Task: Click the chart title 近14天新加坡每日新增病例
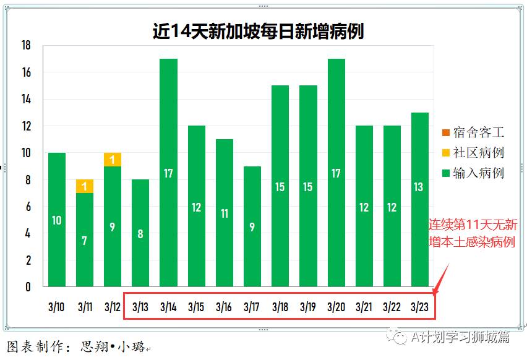258,31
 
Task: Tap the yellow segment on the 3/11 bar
85,186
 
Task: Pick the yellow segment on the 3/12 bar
113,160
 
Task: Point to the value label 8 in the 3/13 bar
140,234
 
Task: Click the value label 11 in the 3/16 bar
225,213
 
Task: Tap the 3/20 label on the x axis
336,307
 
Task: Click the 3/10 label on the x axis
56,307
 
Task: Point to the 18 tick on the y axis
26,46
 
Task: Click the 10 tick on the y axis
26,153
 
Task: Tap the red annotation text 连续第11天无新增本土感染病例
473,233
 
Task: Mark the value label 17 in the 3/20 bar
336,173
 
